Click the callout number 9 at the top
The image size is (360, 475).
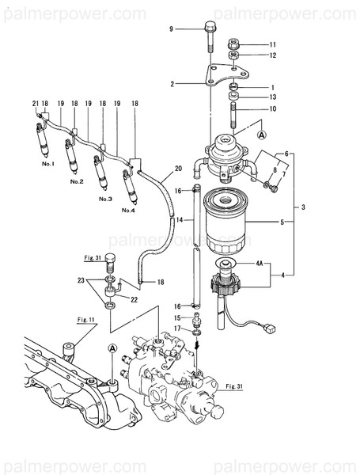pos(171,28)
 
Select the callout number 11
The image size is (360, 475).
pos(273,44)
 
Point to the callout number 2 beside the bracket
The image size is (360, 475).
pos(171,82)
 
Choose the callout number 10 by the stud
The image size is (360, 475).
pos(273,108)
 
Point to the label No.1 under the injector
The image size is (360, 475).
pos(47,164)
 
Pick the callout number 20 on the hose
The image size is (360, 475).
pos(178,168)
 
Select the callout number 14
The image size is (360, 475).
pos(180,218)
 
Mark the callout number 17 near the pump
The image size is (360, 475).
pos(179,328)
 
